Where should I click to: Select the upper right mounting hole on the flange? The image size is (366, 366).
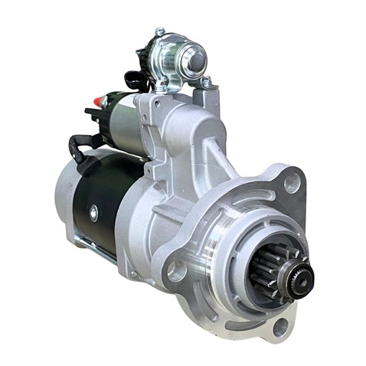click(292, 182)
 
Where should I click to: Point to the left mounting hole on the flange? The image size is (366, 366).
click(178, 270)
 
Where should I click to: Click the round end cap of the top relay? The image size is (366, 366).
click(196, 59)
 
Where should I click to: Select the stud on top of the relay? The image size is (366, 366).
click(160, 31)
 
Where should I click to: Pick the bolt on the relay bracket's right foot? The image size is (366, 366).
click(206, 80)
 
